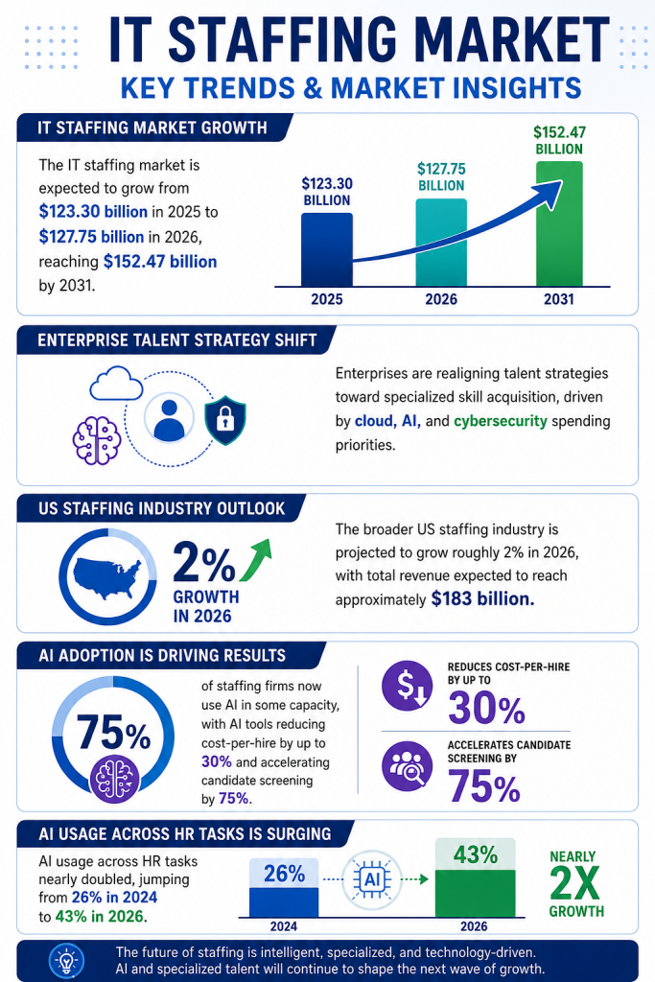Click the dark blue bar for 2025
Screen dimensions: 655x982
(327, 250)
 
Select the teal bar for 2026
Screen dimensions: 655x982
(441, 243)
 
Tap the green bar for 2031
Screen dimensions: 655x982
(559, 224)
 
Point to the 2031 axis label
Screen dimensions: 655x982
(558, 299)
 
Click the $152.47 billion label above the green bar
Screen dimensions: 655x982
(559, 140)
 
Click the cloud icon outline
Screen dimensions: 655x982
(116, 384)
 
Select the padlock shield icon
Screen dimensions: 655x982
(225, 420)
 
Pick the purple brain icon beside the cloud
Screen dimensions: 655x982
(97, 440)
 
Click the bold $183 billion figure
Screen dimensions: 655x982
(482, 599)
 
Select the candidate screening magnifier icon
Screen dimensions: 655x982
(407, 766)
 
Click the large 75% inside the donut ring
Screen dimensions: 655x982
(113, 733)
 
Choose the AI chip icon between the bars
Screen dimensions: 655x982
(372, 880)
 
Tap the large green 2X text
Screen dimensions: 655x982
(574, 883)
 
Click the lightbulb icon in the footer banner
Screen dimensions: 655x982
(66, 960)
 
